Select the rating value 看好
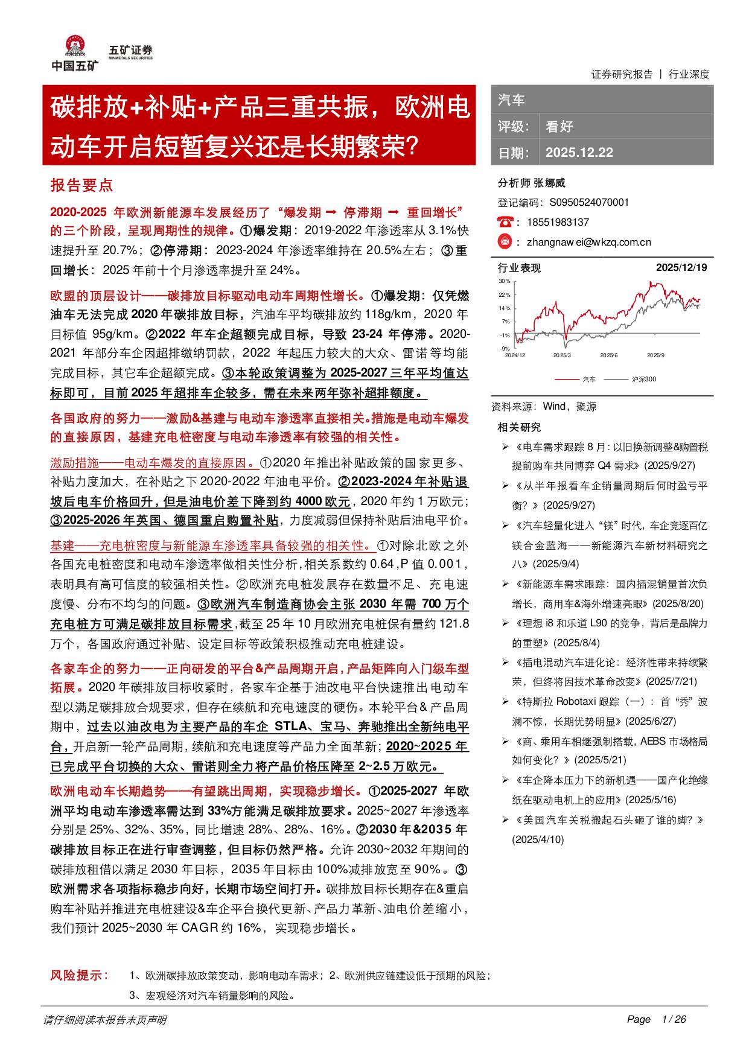pyautogui.click(x=559, y=127)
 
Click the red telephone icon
pyautogui.click(x=505, y=221)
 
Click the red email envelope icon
pyautogui.click(x=505, y=241)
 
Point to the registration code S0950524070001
pyautogui.click(x=589, y=202)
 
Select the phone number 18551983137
pyautogui.click(x=558, y=222)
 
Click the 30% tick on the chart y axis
pyautogui.click(x=505, y=282)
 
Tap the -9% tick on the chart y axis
pyautogui.click(x=505, y=348)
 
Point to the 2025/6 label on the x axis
pyautogui.click(x=608, y=355)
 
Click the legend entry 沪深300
pyautogui.click(x=643, y=379)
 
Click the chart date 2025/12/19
pyautogui.click(x=681, y=267)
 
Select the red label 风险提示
pyautogui.click(x=78, y=976)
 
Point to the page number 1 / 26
pyautogui.click(x=674, y=1020)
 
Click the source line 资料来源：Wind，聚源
pyautogui.click(x=544, y=407)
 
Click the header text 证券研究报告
pyautogui.click(x=622, y=74)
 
